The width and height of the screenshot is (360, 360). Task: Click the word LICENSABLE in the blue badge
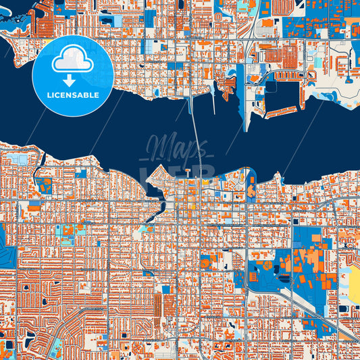pos(72,95)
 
